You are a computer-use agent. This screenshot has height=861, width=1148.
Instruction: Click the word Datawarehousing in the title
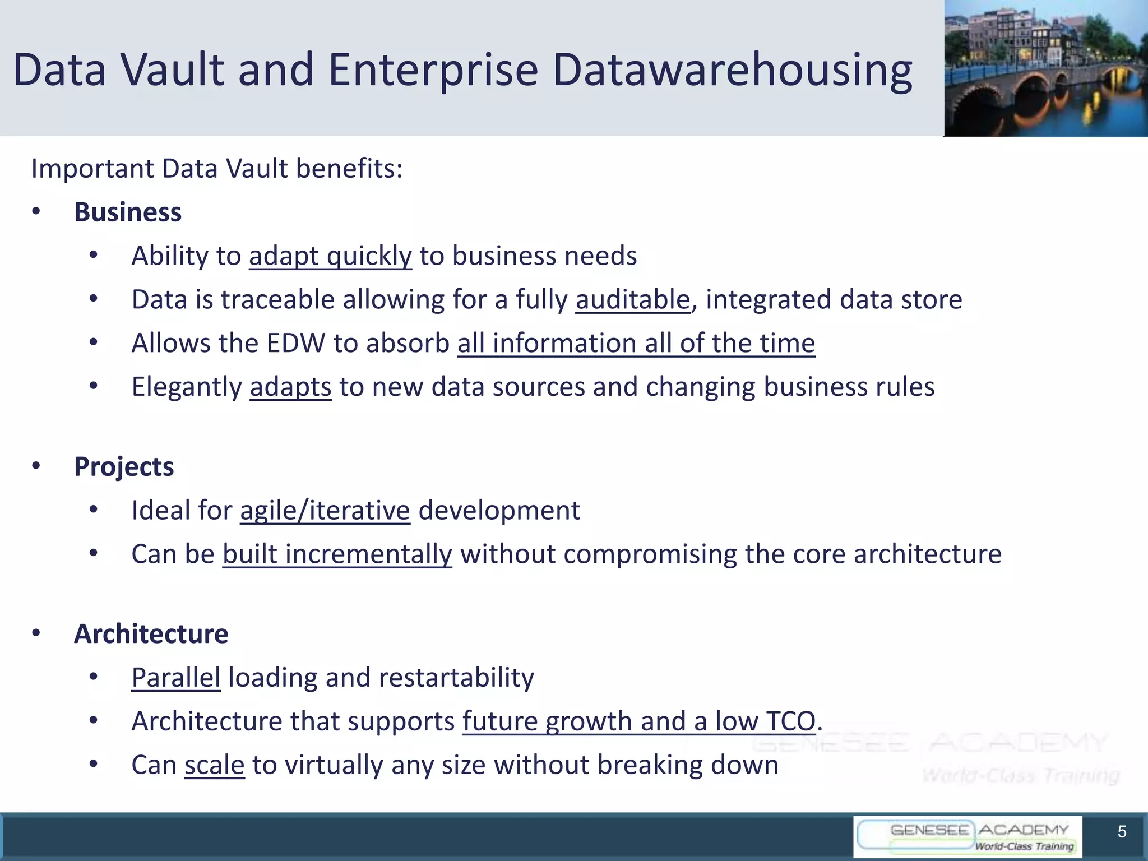tap(733, 71)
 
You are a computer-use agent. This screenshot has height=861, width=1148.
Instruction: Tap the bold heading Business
tap(128, 212)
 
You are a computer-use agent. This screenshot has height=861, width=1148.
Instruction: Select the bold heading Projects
tap(124, 466)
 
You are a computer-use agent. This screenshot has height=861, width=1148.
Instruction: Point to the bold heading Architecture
tap(151, 633)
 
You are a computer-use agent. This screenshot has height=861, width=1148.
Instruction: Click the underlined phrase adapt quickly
tap(330, 256)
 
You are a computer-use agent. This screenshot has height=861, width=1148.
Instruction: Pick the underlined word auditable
tap(632, 299)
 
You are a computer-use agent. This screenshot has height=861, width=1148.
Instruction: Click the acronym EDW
tap(295, 343)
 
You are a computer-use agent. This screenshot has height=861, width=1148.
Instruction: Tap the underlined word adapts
tap(290, 387)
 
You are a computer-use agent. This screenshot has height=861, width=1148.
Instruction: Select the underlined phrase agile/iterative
tap(325, 510)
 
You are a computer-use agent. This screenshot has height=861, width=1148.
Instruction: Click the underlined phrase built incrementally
tap(337, 554)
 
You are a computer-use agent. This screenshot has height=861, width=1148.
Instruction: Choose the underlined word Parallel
tap(175, 677)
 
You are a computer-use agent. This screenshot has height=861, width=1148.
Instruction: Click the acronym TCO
tap(790, 721)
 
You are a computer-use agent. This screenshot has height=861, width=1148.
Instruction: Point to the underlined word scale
tap(214, 765)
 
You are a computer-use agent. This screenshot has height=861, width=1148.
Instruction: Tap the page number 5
tap(1122, 831)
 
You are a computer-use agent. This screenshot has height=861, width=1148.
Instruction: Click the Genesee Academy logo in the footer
tap(968, 836)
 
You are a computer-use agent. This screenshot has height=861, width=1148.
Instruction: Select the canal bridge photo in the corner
tap(1045, 68)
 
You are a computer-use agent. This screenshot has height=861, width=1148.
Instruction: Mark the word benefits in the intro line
tap(349, 168)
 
